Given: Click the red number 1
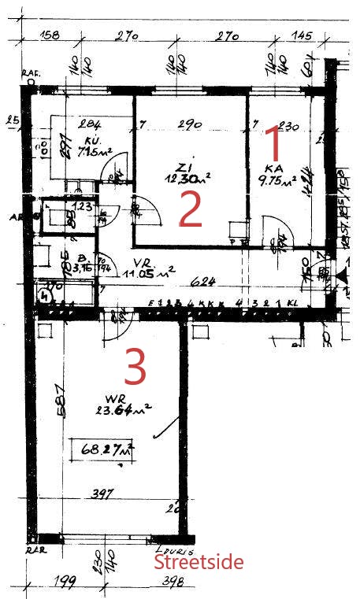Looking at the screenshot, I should pyautogui.click(x=273, y=144).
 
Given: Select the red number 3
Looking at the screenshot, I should pyautogui.click(x=135, y=367).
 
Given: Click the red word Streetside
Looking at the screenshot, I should pyautogui.click(x=198, y=562).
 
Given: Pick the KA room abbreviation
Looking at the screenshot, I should pyautogui.click(x=273, y=168).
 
